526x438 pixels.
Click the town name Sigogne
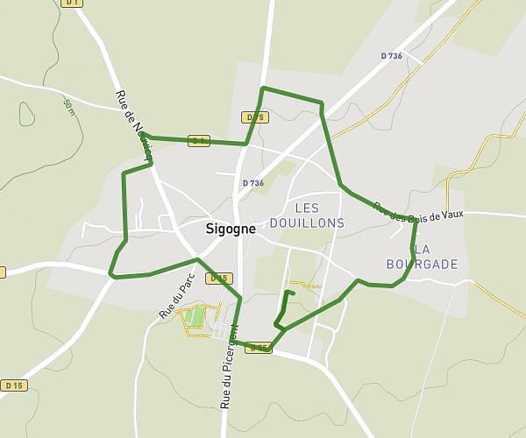231,229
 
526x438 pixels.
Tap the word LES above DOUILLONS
308,208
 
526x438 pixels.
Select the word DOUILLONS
308,223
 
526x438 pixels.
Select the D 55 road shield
258,349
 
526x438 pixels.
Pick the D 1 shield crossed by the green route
199,140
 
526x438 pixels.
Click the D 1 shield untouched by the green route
72,3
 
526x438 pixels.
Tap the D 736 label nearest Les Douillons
252,183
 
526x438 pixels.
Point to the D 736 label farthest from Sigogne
391,56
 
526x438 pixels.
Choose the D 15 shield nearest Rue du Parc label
219,279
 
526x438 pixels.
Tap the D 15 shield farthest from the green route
13,385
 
